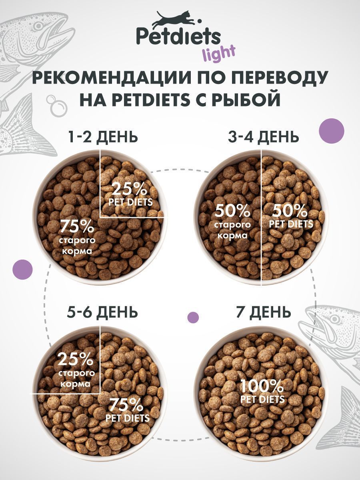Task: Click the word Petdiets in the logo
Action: (x=178, y=37)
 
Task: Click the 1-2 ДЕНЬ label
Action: (x=103, y=137)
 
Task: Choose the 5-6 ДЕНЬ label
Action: (x=103, y=312)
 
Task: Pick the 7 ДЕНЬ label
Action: (x=263, y=312)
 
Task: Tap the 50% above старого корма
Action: (x=233, y=210)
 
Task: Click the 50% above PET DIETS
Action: (x=291, y=210)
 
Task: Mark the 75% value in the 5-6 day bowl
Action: (x=127, y=406)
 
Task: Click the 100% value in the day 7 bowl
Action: (x=262, y=386)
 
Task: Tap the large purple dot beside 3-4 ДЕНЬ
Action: (x=332, y=130)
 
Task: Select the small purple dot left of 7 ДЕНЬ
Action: (x=193, y=317)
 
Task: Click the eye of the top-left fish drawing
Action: (x=38, y=26)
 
